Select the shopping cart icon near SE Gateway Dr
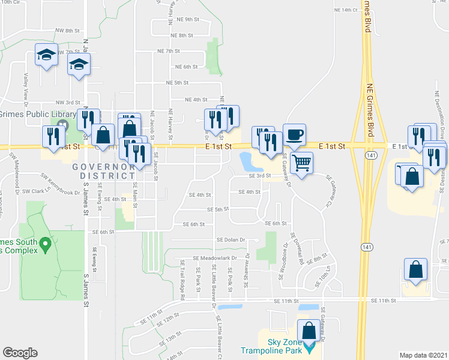pos(301,161)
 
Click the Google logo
pos(20,353)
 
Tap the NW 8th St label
pos(67,30)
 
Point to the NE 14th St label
pos(345,10)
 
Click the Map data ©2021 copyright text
pos(424,355)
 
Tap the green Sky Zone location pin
pos(309,347)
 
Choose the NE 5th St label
pos(178,82)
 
